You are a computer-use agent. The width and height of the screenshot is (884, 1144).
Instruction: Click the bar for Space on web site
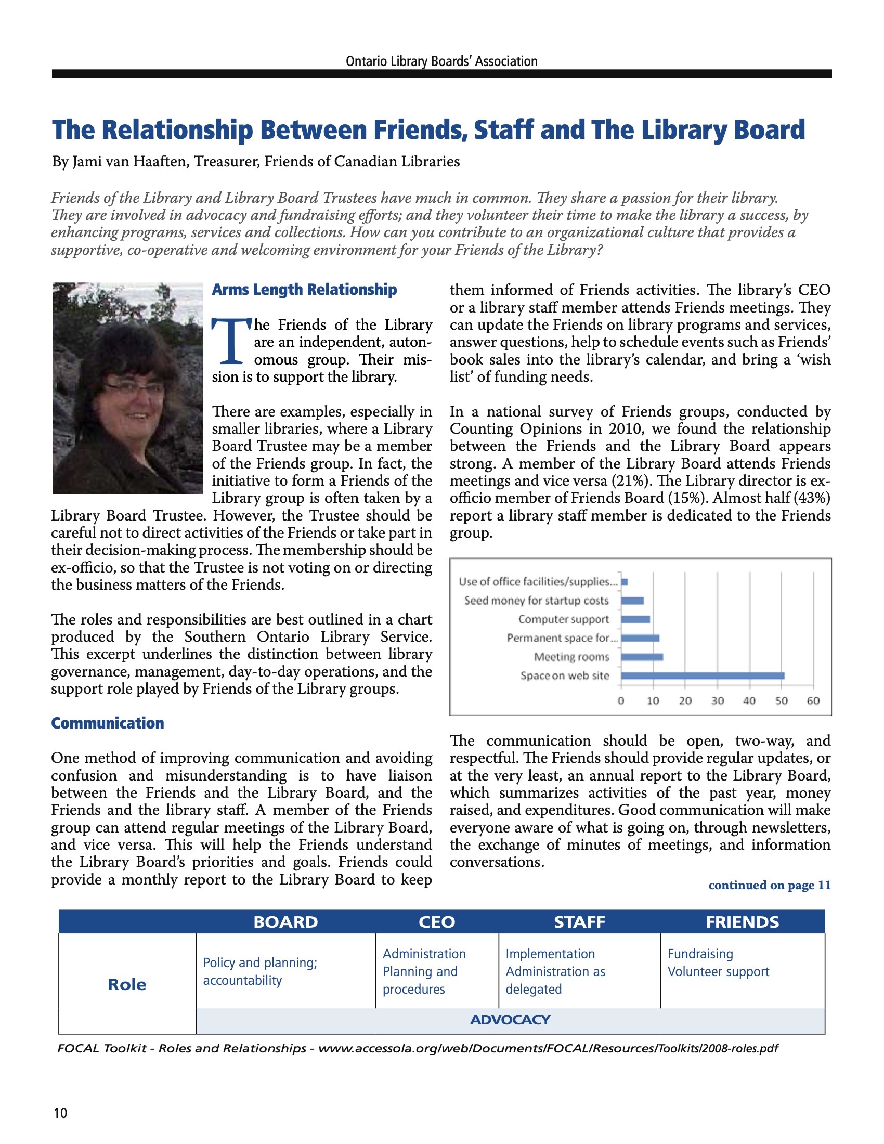pyautogui.click(x=703, y=675)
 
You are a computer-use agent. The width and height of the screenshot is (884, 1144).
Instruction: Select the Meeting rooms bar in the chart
pyautogui.click(x=642, y=657)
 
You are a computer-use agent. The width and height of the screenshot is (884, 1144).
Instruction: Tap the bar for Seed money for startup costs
pyautogui.click(x=632, y=601)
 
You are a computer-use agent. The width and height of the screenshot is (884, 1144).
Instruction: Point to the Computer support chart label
pyautogui.click(x=564, y=620)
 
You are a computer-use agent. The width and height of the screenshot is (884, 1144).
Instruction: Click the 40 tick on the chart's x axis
pyautogui.click(x=749, y=701)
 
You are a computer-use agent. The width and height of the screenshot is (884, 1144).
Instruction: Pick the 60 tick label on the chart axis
pyautogui.click(x=813, y=701)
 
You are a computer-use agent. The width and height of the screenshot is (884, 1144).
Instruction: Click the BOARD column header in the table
pyautogui.click(x=285, y=922)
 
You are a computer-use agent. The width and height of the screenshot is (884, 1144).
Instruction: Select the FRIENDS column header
pyautogui.click(x=742, y=922)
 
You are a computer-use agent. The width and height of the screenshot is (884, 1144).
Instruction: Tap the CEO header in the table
pyautogui.click(x=437, y=922)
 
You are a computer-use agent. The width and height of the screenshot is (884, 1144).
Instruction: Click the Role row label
pyautogui.click(x=127, y=985)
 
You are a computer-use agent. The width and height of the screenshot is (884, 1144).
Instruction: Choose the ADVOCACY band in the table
pyautogui.click(x=510, y=1020)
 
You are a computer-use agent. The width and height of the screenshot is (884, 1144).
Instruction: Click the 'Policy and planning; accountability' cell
pyautogui.click(x=261, y=971)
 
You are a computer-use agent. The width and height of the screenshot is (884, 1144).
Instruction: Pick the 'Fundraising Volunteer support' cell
pyautogui.click(x=718, y=963)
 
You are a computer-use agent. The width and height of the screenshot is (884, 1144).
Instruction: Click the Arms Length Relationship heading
pyautogui.click(x=304, y=290)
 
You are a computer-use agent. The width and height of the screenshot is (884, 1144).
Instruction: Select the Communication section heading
pyautogui.click(x=107, y=723)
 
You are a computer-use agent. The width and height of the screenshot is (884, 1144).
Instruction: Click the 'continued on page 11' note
pyautogui.click(x=769, y=885)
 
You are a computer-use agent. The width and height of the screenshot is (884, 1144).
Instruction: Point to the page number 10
pyautogui.click(x=60, y=1113)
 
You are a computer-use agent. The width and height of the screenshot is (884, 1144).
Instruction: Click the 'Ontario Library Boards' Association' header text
pyautogui.click(x=441, y=61)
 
